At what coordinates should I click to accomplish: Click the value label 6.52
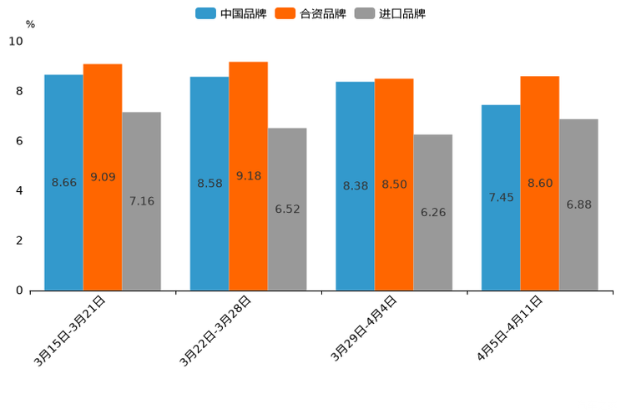tap(287, 210)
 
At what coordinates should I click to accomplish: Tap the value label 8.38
tap(356, 186)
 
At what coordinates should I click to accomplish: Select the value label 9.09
tap(103, 177)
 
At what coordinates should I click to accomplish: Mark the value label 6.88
tap(578, 204)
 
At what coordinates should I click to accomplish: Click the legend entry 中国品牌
tap(231, 13)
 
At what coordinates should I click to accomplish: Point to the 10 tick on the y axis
tap(16, 41)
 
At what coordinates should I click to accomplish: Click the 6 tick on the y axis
tap(19, 141)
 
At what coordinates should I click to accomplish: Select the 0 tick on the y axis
tap(19, 290)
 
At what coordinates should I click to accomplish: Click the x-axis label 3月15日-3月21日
tap(70, 331)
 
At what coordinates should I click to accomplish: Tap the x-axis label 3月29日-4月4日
tap(363, 329)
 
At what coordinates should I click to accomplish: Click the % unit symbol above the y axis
tap(30, 24)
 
